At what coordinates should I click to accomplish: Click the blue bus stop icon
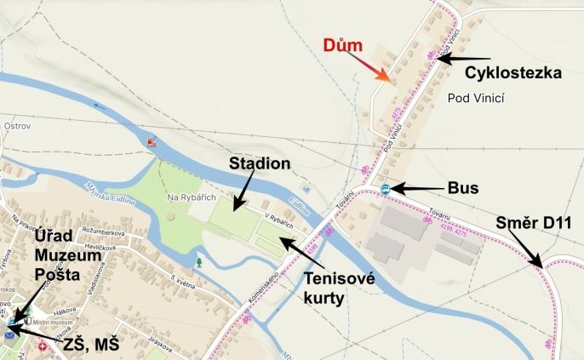(x=386, y=188)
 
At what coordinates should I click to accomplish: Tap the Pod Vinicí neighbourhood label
(x=476, y=98)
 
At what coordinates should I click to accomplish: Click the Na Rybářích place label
(x=187, y=197)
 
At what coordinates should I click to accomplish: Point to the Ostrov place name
(x=17, y=126)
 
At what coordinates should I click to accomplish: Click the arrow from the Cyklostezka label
(x=460, y=59)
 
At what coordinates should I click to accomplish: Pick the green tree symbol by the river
(x=199, y=262)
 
